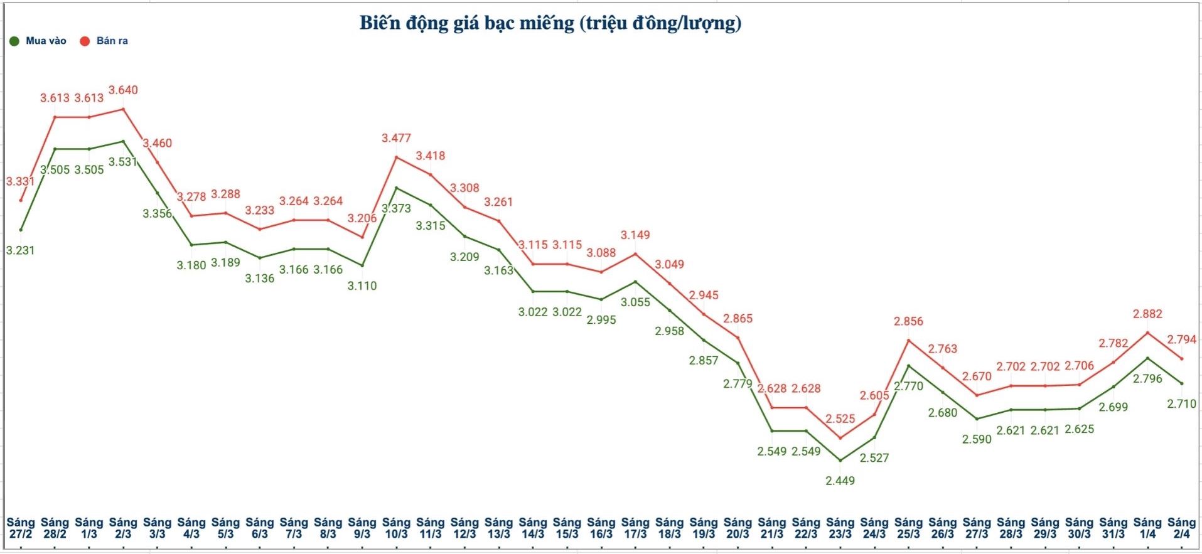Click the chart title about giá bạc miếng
[x=550, y=23]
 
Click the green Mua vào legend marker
[x=14, y=41]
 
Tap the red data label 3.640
[x=123, y=90]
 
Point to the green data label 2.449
[x=840, y=481]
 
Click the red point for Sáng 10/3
[x=396, y=156]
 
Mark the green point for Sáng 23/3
[x=840, y=461]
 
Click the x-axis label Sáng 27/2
[x=20, y=528]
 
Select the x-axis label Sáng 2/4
[x=1181, y=528]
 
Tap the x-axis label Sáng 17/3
[x=635, y=528]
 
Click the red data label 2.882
[x=1147, y=314]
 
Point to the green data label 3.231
[x=20, y=250]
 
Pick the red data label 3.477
[x=396, y=138]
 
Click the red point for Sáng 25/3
[x=908, y=340]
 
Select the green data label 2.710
[x=1181, y=404]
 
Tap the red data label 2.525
[x=840, y=418]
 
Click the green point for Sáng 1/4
[x=1147, y=358]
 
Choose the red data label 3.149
[x=635, y=235]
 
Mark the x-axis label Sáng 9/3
[x=362, y=528]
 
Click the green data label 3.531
[x=123, y=162]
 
